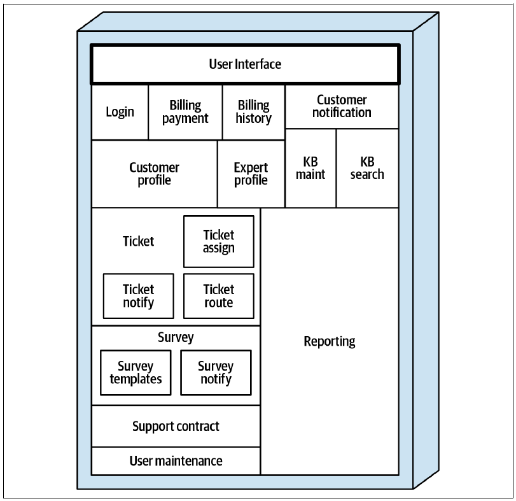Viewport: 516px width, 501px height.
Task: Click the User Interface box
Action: [x=245, y=64]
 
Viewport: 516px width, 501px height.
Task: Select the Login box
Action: [x=120, y=112]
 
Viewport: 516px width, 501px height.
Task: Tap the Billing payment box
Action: [x=185, y=112]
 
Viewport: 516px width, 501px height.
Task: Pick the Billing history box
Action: [x=254, y=112]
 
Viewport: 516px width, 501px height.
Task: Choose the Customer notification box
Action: [x=342, y=107]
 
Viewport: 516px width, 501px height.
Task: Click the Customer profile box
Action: [x=155, y=174]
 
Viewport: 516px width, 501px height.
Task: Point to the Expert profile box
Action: [x=251, y=174]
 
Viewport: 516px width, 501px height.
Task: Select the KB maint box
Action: [x=310, y=168]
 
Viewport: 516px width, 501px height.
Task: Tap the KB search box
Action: [x=368, y=168]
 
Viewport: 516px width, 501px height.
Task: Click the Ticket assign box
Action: [x=219, y=242]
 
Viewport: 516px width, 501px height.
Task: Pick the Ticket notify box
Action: [x=139, y=296]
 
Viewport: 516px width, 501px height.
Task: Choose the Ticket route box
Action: [x=219, y=296]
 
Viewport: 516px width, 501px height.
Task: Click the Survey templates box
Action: [x=136, y=372]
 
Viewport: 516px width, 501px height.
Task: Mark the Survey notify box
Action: [x=216, y=372]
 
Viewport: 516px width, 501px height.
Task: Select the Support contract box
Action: [x=176, y=427]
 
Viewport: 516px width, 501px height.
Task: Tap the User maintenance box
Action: [x=176, y=461]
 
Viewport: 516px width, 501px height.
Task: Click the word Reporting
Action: [x=330, y=342]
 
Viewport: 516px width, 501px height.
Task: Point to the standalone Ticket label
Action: [x=138, y=241]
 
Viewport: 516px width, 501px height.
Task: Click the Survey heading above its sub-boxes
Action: [x=176, y=337]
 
